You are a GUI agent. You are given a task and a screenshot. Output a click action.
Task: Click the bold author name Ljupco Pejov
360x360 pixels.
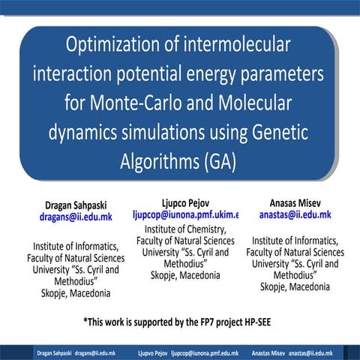(x=184, y=202)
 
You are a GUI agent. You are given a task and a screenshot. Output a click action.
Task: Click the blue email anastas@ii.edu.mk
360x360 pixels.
(x=295, y=214)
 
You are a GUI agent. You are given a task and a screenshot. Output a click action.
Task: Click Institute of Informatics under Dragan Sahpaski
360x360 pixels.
(x=75, y=246)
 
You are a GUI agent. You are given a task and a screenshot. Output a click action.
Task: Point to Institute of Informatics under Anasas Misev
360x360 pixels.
(x=295, y=241)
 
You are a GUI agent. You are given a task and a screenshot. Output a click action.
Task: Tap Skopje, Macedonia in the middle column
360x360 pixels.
(x=185, y=275)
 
